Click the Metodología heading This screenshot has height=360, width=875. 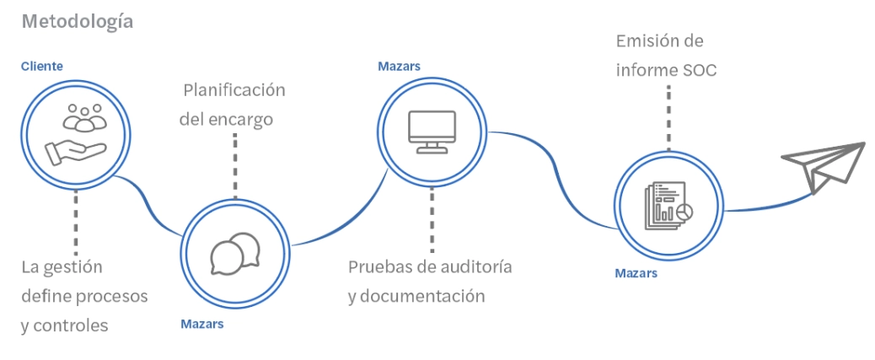tap(77, 21)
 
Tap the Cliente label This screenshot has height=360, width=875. tap(41, 66)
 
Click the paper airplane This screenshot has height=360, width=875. tap(824, 167)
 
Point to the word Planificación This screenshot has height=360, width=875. tap(234, 90)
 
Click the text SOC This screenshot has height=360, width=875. tap(699, 70)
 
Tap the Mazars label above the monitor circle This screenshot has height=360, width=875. tap(399, 66)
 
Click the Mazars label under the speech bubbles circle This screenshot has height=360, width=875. tap(202, 323)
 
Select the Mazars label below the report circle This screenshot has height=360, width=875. tap(636, 273)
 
